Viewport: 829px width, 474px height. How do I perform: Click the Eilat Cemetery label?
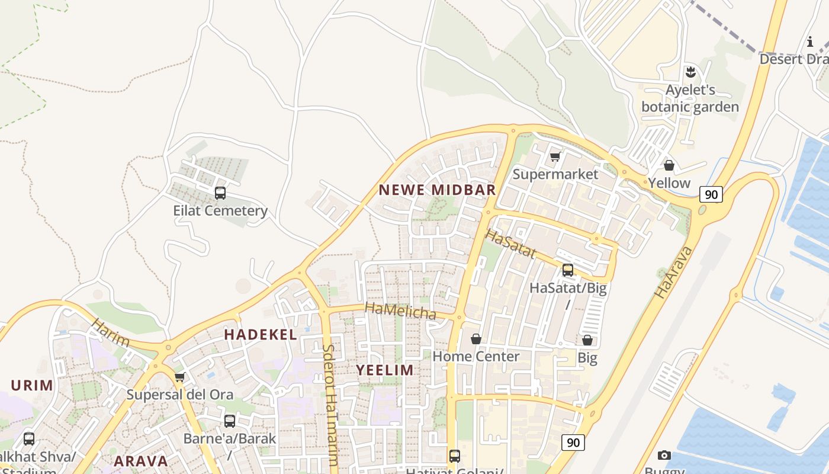click(220, 210)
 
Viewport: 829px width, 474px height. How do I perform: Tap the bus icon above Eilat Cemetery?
click(220, 193)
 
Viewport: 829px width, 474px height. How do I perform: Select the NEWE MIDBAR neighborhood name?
click(437, 190)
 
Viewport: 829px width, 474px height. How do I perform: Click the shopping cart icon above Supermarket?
click(555, 156)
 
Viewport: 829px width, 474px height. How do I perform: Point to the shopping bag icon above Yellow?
click(669, 165)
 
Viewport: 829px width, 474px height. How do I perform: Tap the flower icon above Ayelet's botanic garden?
click(690, 73)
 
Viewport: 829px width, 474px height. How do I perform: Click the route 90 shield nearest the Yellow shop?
click(711, 194)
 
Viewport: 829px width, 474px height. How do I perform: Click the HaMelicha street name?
click(400, 310)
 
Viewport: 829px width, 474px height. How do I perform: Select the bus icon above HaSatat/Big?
click(567, 270)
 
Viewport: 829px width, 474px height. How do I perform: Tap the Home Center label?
click(475, 356)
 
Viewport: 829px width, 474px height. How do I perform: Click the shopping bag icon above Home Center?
click(475, 339)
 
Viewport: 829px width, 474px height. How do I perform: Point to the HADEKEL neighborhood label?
click(261, 334)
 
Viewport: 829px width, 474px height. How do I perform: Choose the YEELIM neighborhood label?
click(385, 370)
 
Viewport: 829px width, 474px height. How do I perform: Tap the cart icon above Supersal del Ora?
click(179, 377)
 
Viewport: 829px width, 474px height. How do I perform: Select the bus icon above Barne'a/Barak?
click(229, 421)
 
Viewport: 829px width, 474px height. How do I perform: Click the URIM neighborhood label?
click(33, 385)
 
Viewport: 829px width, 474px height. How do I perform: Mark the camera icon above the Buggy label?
click(664, 455)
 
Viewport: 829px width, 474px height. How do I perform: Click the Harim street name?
click(111, 332)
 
